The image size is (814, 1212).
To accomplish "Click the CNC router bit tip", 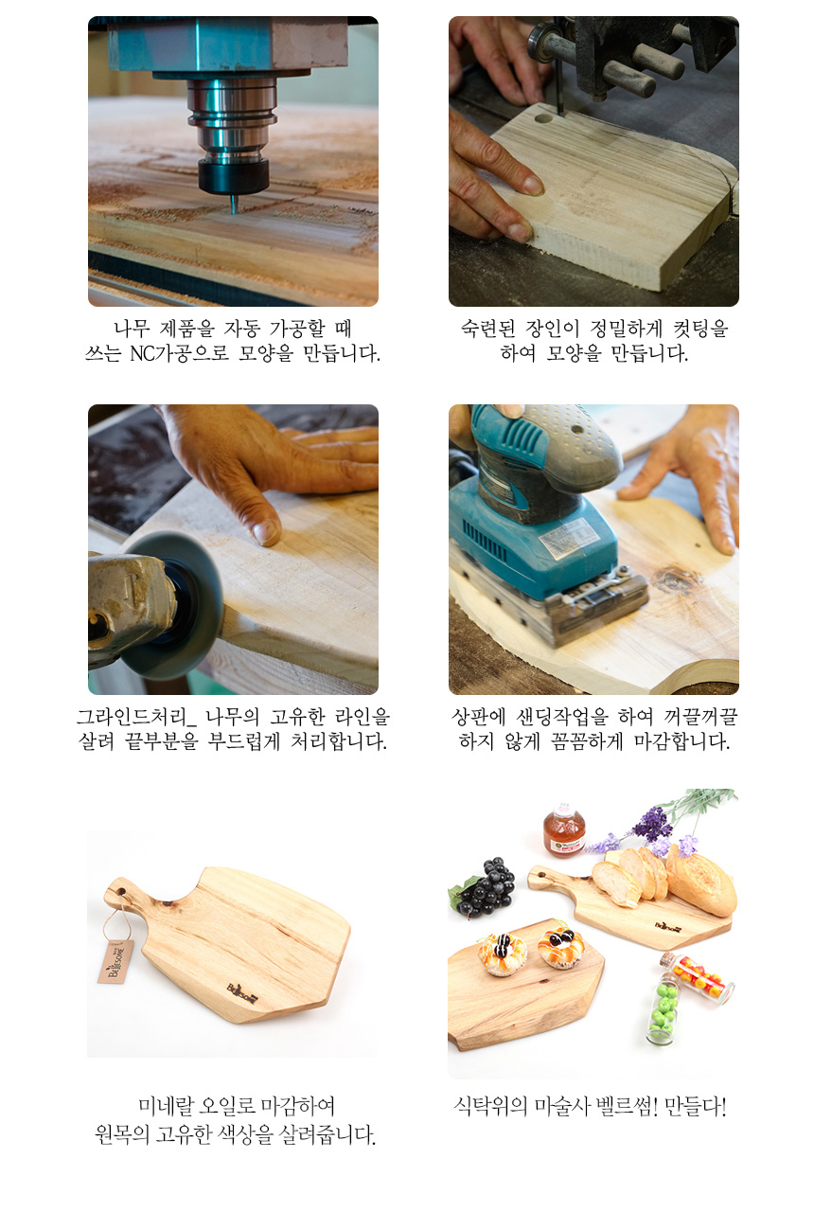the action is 234,213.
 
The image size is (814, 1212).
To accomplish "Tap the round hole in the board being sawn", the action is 543,118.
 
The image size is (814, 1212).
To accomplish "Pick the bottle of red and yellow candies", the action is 698,977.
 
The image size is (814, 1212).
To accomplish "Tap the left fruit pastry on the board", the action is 503,954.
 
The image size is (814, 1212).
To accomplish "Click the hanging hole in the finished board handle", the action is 120,890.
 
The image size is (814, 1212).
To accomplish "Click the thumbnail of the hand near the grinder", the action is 266,532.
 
